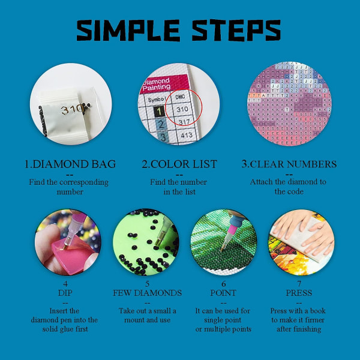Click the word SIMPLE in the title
(128, 31)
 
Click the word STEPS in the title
(236, 31)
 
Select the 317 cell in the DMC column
(184, 122)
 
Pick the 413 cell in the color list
(186, 135)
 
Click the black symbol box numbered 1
(159, 112)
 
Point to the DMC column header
(180, 97)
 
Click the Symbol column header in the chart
(157, 100)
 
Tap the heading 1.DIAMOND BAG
(70, 164)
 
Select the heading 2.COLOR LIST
(179, 164)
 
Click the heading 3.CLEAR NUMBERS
(289, 164)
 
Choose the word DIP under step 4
(65, 293)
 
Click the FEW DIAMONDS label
(147, 293)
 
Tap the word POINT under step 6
(223, 293)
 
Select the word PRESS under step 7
(299, 293)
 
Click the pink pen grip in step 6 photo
(232, 230)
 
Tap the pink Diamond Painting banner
(163, 84)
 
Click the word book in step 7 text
(318, 311)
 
